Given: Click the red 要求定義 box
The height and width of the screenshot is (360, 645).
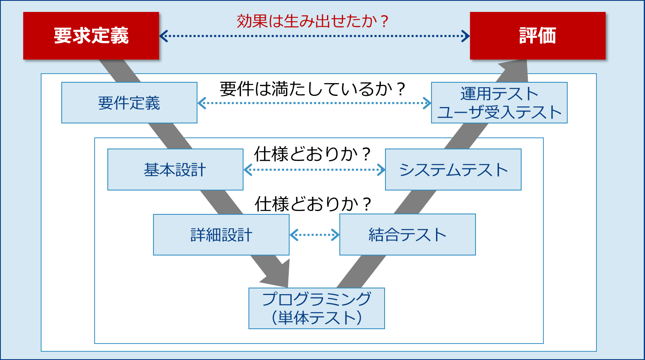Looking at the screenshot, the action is click(x=91, y=36).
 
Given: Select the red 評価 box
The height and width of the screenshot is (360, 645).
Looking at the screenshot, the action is click(x=538, y=36).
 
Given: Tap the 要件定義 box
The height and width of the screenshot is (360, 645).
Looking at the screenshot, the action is click(x=129, y=103).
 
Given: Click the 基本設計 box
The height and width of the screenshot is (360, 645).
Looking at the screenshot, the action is click(x=175, y=170).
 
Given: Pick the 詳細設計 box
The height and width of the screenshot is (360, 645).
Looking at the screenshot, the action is click(x=221, y=235).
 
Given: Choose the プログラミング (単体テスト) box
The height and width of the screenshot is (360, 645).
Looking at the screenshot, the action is click(x=317, y=309).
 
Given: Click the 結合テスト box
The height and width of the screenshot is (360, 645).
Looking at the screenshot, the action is click(x=407, y=235).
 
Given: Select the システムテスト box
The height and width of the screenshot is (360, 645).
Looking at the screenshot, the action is click(x=453, y=170).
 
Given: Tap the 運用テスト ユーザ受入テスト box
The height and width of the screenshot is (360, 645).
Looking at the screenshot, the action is click(x=499, y=103).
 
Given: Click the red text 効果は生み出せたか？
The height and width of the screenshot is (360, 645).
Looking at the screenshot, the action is click(x=313, y=21).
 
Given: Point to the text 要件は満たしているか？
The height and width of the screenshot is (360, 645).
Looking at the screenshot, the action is click(x=313, y=89).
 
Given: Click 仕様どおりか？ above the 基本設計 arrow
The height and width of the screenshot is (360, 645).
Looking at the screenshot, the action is click(x=313, y=154).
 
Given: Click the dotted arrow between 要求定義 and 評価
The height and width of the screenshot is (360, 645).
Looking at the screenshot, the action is click(x=314, y=36).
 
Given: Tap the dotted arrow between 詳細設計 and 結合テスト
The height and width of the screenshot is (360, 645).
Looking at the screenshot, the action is click(x=314, y=235).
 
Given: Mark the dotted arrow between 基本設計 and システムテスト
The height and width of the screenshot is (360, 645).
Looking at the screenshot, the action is click(x=314, y=170).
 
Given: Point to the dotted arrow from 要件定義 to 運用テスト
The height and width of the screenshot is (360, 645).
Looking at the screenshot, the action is click(x=314, y=103).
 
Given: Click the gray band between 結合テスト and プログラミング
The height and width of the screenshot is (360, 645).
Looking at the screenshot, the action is click(x=361, y=272).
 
